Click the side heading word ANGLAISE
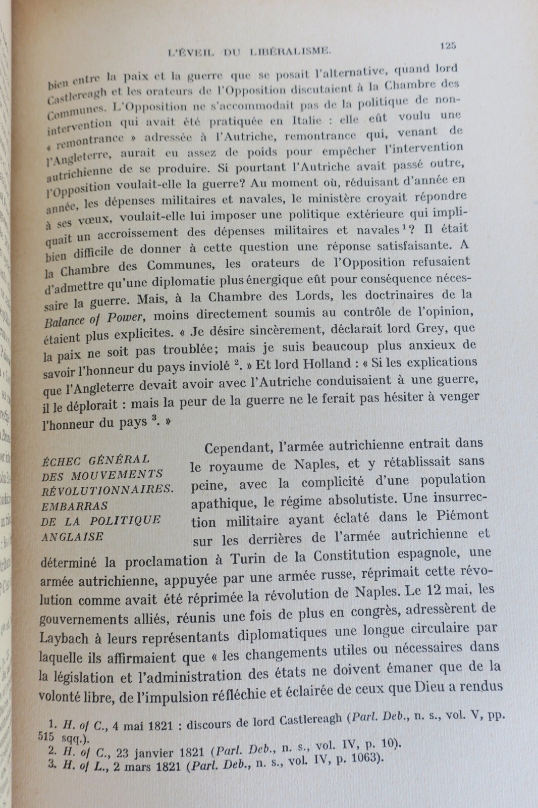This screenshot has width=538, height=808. (72, 536)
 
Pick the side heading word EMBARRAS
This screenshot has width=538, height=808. (74, 505)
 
